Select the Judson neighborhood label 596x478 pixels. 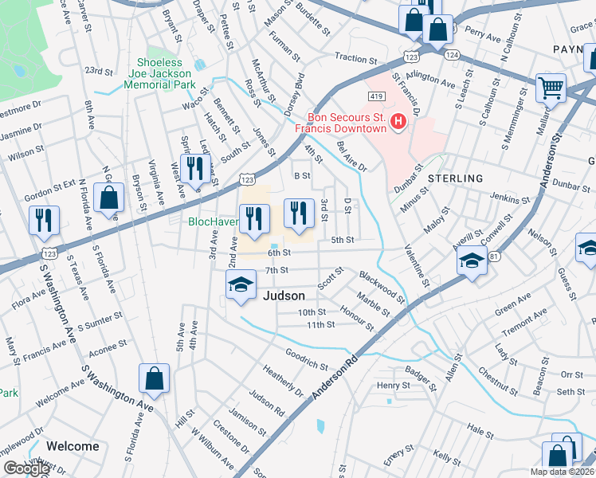(284, 296)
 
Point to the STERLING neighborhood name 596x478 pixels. (457, 178)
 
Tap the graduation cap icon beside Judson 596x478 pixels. (240, 286)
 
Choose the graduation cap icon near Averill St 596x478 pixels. (472, 262)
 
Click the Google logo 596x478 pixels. (26, 468)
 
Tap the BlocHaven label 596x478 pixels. (213, 221)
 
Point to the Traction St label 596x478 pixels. (355, 59)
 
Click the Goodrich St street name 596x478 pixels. (307, 358)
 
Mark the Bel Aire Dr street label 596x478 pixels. (351, 157)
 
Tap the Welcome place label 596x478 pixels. (73, 446)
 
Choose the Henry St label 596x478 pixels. (393, 386)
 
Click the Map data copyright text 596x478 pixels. (562, 472)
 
